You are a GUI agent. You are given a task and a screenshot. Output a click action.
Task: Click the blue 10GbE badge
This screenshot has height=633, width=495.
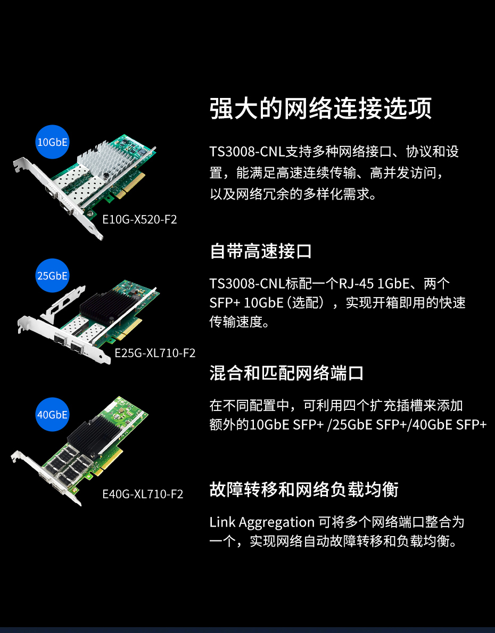coord(53,142)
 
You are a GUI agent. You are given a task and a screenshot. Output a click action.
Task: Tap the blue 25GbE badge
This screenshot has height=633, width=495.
coord(53,276)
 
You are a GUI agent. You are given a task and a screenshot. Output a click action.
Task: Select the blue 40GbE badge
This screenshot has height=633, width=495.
coord(53,415)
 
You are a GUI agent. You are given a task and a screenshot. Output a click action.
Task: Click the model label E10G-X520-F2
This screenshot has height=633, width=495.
coord(139,219)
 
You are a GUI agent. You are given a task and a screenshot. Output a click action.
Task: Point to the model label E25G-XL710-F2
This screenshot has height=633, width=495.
coord(155,353)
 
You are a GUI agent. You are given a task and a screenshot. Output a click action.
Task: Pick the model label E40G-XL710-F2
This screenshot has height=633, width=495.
coord(143,494)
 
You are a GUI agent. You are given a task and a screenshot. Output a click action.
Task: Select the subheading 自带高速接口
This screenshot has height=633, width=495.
coord(261,251)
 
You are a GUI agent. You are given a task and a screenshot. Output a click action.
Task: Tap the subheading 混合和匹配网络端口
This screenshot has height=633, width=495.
coord(286,373)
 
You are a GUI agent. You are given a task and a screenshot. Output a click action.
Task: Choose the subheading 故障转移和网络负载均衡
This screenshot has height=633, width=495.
coord(303,489)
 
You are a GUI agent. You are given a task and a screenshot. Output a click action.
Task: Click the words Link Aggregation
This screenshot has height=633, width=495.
coord(262,522)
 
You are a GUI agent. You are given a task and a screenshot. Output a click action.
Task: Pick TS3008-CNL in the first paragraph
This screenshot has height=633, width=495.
coord(247,152)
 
